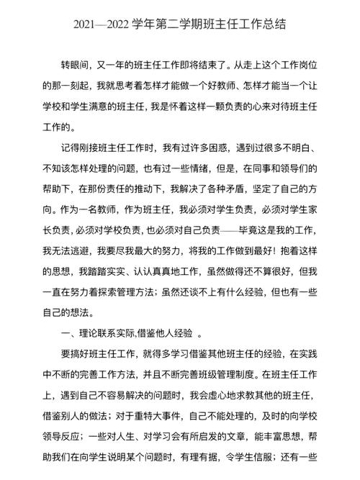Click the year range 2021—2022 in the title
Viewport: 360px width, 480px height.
(x=101, y=24)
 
